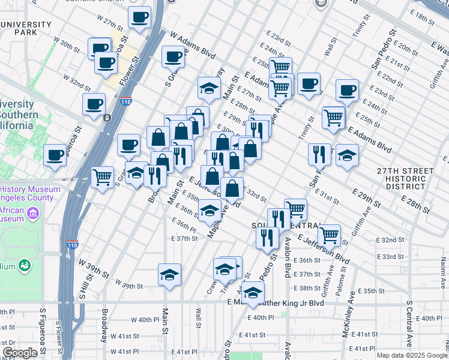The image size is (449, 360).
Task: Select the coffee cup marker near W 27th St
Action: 140,17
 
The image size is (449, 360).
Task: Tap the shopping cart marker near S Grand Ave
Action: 103,178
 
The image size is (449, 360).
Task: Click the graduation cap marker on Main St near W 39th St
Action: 169,275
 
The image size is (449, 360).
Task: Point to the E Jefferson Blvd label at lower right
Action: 330,251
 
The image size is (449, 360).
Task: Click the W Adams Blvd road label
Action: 192,46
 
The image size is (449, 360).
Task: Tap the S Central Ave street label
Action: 409,324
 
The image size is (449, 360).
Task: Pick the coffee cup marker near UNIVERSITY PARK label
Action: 100,48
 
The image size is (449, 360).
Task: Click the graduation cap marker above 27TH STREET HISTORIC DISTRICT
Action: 347,156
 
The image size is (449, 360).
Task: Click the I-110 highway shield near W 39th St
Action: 72,244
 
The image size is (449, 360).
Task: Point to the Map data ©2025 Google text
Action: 412,355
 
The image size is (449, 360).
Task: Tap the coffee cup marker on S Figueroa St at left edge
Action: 55,155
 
